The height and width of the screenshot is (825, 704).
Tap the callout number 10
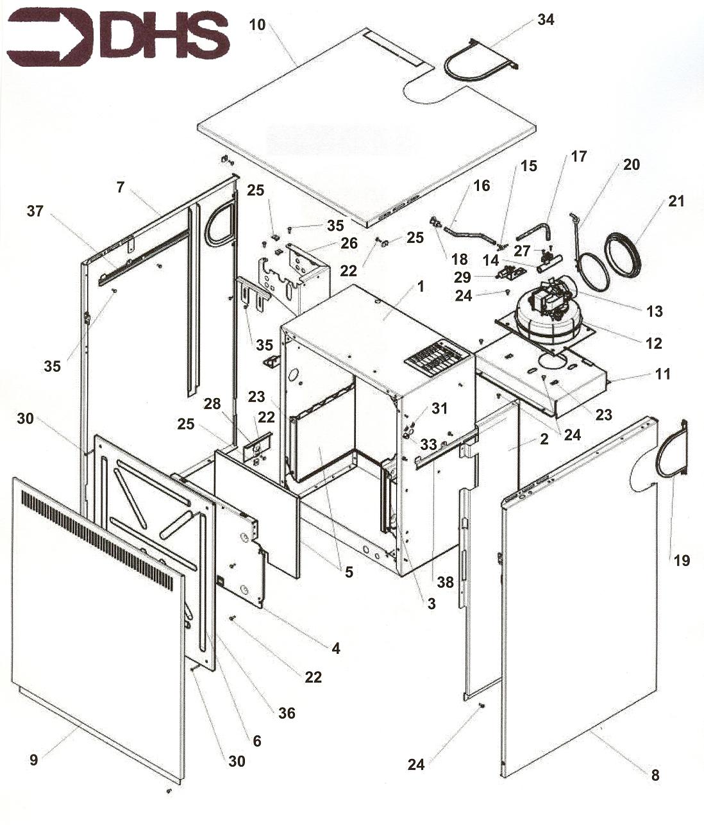pos(257,24)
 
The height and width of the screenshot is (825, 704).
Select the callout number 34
pos(546,20)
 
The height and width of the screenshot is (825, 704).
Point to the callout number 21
pos(676,201)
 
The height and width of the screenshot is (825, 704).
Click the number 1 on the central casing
pos(420,287)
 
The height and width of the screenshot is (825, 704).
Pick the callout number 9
pos(34,760)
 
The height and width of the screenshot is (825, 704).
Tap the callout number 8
pos(655,775)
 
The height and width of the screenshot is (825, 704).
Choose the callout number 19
pos(682,561)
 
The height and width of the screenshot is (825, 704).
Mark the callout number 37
pos(35,211)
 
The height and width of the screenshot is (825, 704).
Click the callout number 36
pos(287,713)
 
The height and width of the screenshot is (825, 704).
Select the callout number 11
pos(663,373)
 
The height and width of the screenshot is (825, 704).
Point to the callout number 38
pos(445,582)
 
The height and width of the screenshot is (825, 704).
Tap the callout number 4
pos(336,649)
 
